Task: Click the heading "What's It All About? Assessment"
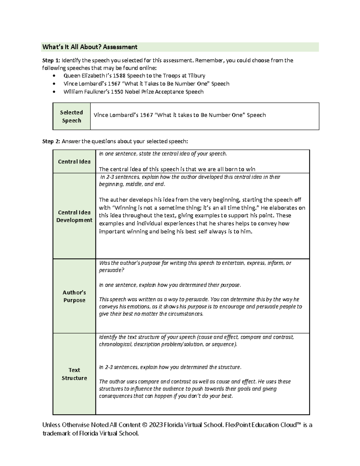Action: pos(90,47)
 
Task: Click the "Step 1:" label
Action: pos(51,60)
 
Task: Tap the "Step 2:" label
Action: pos(51,141)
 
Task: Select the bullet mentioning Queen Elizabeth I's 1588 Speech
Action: pos(134,76)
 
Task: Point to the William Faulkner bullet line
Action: pos(133,92)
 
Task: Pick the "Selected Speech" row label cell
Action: pos(71,116)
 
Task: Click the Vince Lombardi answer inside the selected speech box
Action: pos(179,115)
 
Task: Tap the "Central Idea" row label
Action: pos(74,162)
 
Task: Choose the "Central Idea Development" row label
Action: pos(74,216)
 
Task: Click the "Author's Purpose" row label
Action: pos(74,296)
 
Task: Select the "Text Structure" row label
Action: pos(74,374)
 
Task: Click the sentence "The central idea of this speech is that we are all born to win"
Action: pos(177,169)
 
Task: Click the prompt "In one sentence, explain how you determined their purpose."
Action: pos(170,285)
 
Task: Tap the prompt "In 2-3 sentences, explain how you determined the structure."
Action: pos(170,367)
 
